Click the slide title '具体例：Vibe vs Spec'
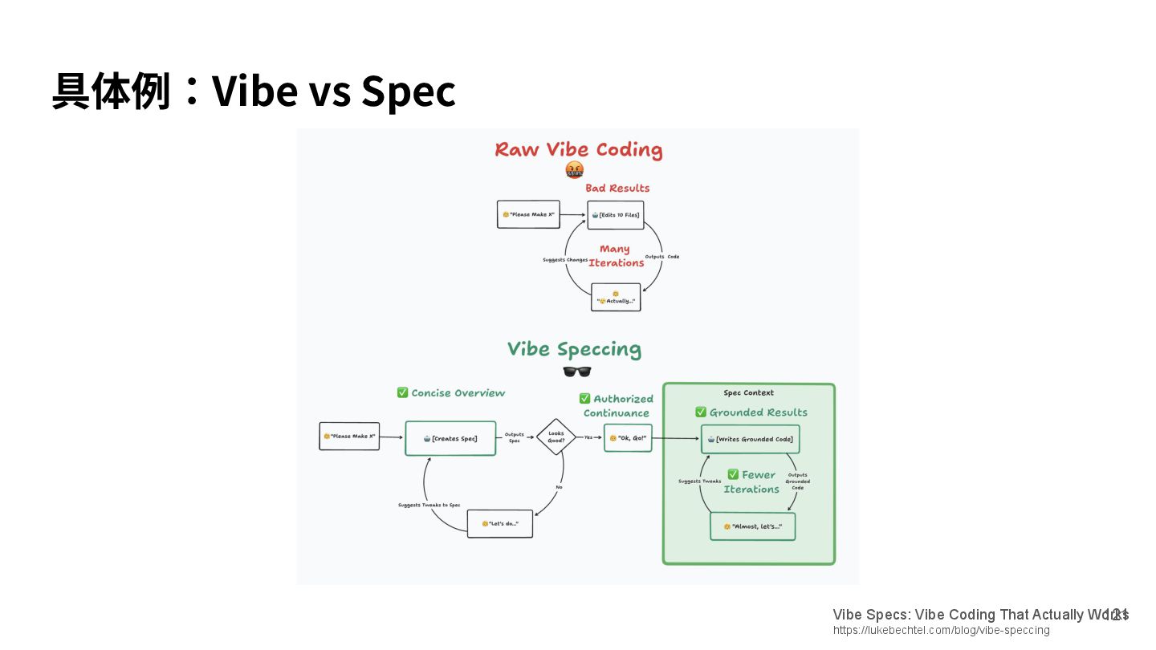click(254, 91)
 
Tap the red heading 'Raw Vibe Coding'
click(578, 150)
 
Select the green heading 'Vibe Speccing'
click(574, 349)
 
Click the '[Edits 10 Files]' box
click(616, 215)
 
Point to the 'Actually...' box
click(616, 298)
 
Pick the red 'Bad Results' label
click(617, 188)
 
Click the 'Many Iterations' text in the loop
click(616, 256)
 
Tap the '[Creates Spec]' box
click(450, 438)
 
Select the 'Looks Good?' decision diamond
click(556, 437)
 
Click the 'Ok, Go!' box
click(628, 438)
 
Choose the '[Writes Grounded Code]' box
click(751, 439)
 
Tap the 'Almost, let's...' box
click(752, 526)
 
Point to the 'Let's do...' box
click(499, 523)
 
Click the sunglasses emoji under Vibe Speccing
click(576, 372)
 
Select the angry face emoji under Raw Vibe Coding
click(574, 170)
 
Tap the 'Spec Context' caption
click(748, 393)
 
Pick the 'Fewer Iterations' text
click(751, 481)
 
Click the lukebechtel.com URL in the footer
click(941, 631)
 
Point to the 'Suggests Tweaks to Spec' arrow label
click(429, 505)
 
